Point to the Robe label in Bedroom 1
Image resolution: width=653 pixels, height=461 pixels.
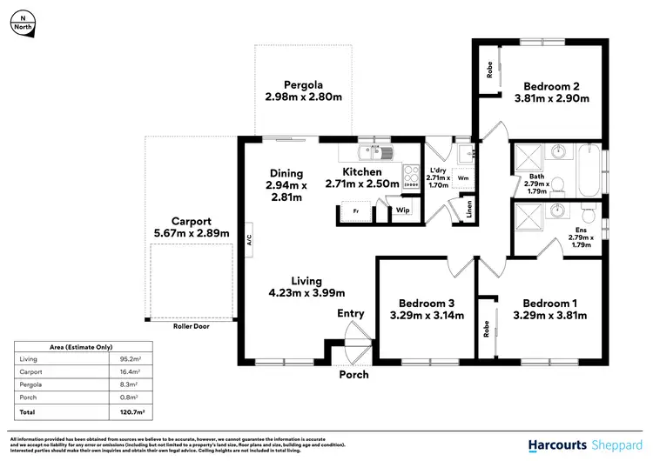484,328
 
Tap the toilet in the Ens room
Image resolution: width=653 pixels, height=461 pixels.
589,214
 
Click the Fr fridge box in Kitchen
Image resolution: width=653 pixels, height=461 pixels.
355,211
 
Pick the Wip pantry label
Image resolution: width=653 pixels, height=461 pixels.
403,210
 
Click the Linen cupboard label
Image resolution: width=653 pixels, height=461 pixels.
469,209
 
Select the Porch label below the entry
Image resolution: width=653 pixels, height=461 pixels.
353,375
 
